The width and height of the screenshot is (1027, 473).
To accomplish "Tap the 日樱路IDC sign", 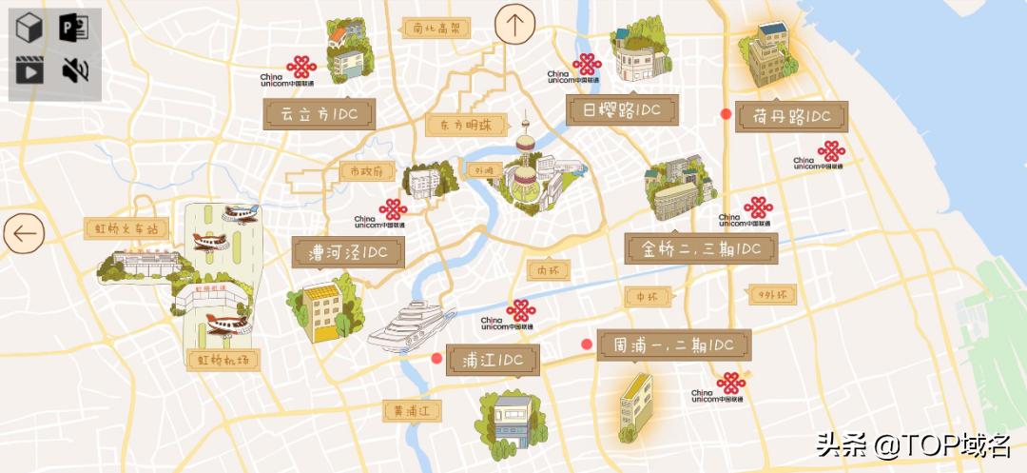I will coord(623,109).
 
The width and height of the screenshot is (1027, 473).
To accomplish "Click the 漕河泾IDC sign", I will coord(348,252).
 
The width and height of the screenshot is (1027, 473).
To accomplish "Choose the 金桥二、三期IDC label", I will coord(701,249).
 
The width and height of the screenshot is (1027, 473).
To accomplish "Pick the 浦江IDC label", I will coord(493,360).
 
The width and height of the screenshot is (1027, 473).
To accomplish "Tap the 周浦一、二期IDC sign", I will coord(674,345).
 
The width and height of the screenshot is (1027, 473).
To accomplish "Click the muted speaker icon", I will coord(76,69).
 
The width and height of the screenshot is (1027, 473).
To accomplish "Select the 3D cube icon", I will coord(30,29).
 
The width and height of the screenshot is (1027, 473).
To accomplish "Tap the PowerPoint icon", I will coord(73,29).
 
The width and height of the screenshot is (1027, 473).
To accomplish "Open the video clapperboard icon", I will coord(30,69).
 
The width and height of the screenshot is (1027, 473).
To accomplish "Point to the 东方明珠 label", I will coord(459,125).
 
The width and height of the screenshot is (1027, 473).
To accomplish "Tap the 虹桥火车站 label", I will coord(126,228).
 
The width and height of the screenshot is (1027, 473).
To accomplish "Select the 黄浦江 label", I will coord(413,411).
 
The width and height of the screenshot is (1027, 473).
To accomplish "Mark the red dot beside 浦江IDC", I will coord(436,359).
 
